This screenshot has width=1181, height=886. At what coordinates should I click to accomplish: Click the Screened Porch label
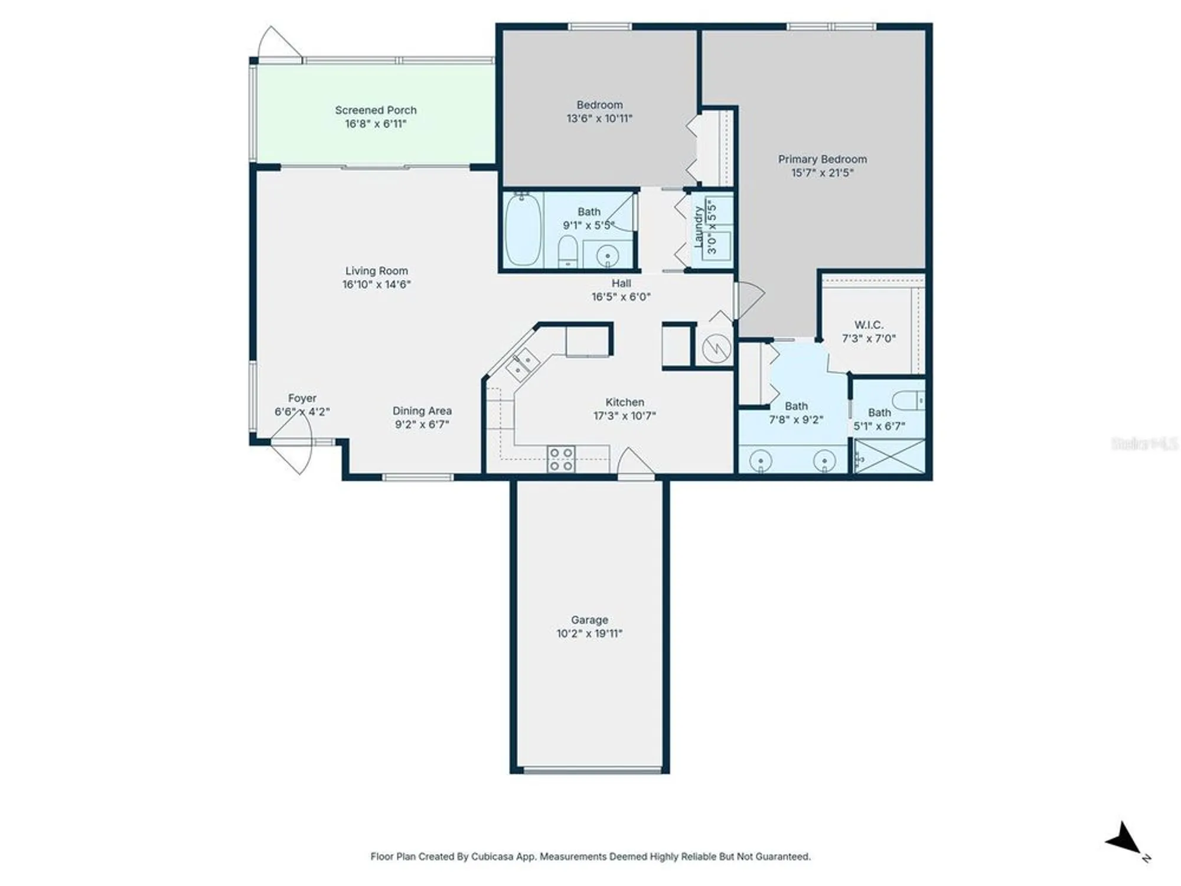pos(376,110)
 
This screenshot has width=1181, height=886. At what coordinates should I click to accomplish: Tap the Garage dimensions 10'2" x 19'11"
pos(589,634)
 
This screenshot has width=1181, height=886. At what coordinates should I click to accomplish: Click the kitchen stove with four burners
pos(561,459)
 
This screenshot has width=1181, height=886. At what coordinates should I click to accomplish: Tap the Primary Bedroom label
pos(822,159)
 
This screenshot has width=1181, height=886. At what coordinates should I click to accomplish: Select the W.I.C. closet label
pos(869,325)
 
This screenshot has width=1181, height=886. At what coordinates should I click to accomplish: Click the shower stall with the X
pos(890,456)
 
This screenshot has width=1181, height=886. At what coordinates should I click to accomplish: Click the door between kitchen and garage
pos(635,464)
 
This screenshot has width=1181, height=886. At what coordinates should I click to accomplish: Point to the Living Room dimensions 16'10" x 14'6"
pos(377,284)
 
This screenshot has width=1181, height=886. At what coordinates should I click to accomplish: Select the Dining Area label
pos(422,411)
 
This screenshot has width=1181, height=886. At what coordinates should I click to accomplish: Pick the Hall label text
pos(621,284)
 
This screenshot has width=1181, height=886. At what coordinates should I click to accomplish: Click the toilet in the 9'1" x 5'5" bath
pos(567,251)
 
